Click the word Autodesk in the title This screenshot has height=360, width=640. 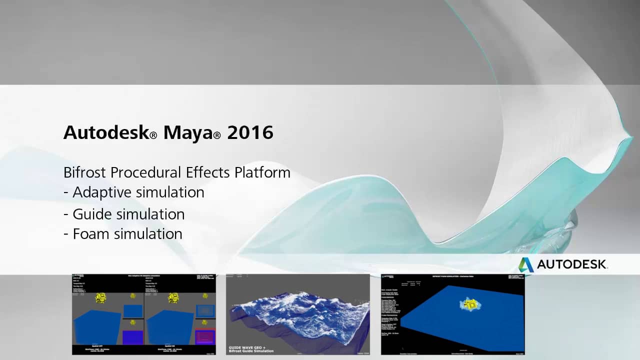coord(106,132)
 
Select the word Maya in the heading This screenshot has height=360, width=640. coord(188,132)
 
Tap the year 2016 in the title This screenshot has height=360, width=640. coord(250,132)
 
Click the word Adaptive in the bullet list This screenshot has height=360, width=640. coord(102,192)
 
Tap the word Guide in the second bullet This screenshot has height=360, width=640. coord(92,214)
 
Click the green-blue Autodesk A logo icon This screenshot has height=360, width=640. coord(525,264)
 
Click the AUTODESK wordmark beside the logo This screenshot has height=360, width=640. coord(571,264)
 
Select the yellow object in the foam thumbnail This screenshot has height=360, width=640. coord(470,303)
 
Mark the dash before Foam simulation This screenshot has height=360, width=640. coord(66,234)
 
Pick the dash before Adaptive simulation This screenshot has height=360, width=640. coord(66,193)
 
